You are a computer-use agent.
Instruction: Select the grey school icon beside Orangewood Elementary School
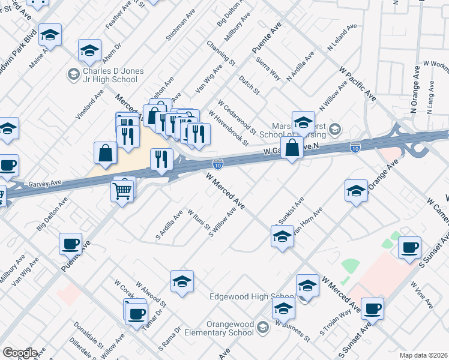pyautogui.click(x=263, y=327)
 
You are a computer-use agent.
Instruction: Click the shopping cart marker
pyautogui.click(x=122, y=191)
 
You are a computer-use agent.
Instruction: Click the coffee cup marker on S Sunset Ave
pyautogui.click(x=372, y=308)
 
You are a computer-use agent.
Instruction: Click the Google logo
pyautogui.click(x=19, y=353)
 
